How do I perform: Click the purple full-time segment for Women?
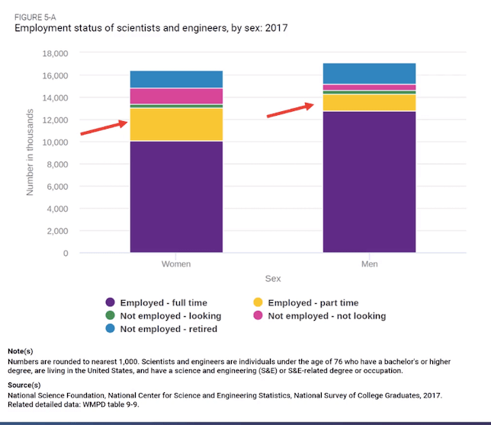[x=176, y=197]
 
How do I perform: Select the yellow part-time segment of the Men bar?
[x=369, y=102]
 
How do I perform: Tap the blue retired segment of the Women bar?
[x=176, y=79]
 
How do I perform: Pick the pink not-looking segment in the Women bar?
[x=176, y=96]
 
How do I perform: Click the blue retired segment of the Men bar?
[x=369, y=73]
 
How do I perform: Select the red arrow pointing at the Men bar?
[x=290, y=111]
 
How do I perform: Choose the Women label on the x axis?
[x=176, y=264]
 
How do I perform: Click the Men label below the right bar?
[x=369, y=264]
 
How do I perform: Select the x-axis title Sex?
[x=272, y=279]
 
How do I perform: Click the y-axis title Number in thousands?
[x=31, y=152]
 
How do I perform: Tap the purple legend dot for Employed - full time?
[x=111, y=303]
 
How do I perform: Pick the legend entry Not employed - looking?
[x=170, y=316]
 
